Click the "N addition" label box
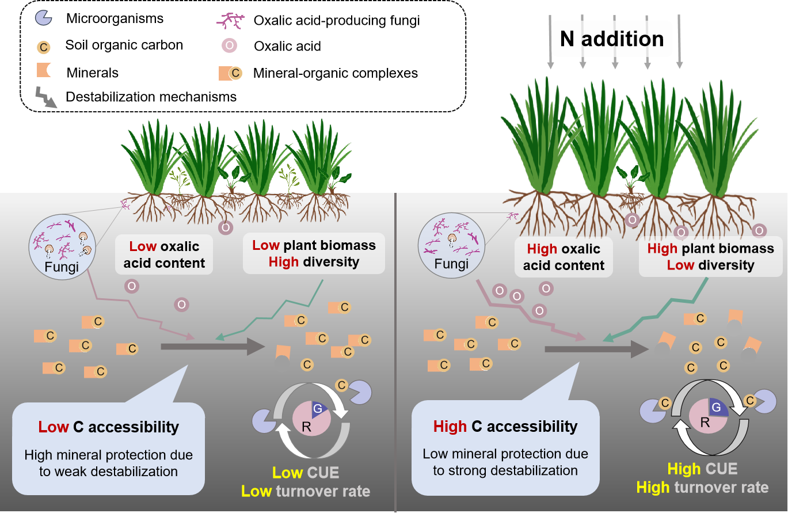pyautogui.click(x=612, y=39)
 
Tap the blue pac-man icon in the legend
pyautogui.click(x=44, y=18)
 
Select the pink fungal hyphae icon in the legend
pyautogui.click(x=230, y=20)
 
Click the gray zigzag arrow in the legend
pyautogui.click(x=46, y=97)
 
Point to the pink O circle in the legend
pyautogui.click(x=230, y=45)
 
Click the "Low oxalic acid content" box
pyautogui.click(x=164, y=254)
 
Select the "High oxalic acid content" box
pyautogui.click(x=564, y=257)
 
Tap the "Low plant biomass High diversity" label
pyautogui.click(x=314, y=253)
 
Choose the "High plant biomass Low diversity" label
pyautogui.click(x=710, y=257)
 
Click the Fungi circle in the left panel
pyautogui.click(x=61, y=247)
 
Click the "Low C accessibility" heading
pyautogui.click(x=109, y=427)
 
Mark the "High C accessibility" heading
pyautogui.click(x=505, y=427)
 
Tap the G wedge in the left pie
pyautogui.click(x=318, y=409)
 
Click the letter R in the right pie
pyautogui.click(x=705, y=423)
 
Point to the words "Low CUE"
pyautogui.click(x=306, y=473)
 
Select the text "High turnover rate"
pyautogui.click(x=702, y=488)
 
